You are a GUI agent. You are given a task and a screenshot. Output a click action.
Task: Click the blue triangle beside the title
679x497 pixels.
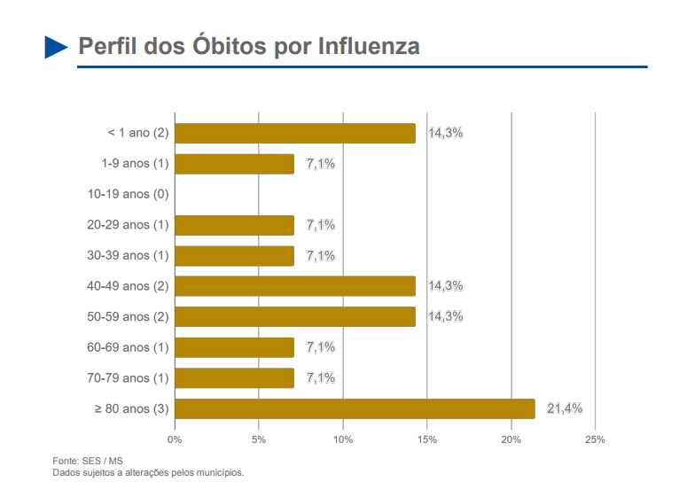(56, 47)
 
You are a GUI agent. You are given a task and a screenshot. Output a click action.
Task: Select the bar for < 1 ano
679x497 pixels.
(294, 133)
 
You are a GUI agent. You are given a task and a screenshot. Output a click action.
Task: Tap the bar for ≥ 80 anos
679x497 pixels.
(355, 408)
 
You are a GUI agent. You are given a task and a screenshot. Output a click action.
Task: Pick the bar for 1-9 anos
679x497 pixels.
(234, 164)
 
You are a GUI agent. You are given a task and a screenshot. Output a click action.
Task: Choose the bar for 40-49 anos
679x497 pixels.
(294, 286)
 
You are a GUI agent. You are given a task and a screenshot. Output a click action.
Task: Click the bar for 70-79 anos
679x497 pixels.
(234, 378)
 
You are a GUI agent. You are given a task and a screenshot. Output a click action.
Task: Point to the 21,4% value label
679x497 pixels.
(565, 408)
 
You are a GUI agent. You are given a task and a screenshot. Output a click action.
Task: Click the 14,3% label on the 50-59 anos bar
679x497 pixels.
(446, 316)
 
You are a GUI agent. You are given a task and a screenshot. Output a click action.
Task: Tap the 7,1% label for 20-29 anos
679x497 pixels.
(321, 225)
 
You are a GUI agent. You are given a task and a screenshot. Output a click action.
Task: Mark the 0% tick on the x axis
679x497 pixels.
(175, 439)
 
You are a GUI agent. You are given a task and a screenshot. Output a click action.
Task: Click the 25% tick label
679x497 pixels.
(595, 439)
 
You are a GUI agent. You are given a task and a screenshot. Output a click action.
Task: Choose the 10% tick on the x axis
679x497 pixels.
(343, 439)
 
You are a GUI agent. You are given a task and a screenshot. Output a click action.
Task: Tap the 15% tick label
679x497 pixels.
(426, 439)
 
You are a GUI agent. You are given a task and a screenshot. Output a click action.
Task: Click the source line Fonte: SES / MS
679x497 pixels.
(88, 461)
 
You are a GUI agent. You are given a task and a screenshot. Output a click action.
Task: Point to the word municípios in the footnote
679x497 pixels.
(220, 472)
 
